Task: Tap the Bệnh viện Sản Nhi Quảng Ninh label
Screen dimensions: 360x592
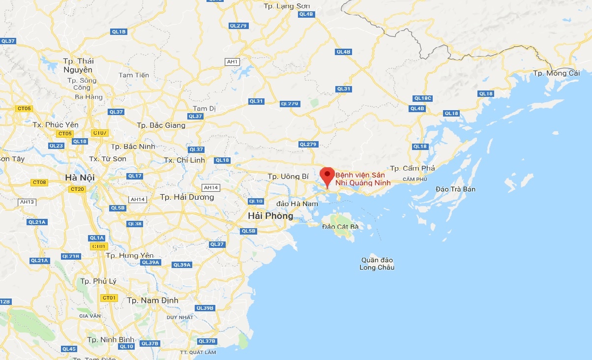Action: coord(363,179)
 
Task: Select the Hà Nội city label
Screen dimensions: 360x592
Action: coord(80,177)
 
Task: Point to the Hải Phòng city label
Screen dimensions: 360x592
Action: coord(270,216)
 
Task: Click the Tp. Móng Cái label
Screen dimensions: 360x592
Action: coord(557,73)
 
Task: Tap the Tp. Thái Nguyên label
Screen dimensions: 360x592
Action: coord(78,65)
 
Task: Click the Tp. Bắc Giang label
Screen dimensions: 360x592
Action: coord(161,125)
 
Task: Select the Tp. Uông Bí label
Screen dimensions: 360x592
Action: coord(288,176)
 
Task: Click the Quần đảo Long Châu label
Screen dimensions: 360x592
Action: coord(377,264)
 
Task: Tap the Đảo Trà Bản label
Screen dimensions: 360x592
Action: coord(456,189)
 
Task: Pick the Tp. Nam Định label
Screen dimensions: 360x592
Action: coord(153,300)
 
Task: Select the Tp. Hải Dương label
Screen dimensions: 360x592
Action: coord(187,197)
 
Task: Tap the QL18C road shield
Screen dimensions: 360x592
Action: coord(422,98)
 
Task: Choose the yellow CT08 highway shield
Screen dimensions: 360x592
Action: coord(39,182)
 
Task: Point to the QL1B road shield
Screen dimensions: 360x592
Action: coord(119,32)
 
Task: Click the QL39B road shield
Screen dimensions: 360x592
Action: coord(205,308)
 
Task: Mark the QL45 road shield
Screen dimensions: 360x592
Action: coord(69,349)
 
